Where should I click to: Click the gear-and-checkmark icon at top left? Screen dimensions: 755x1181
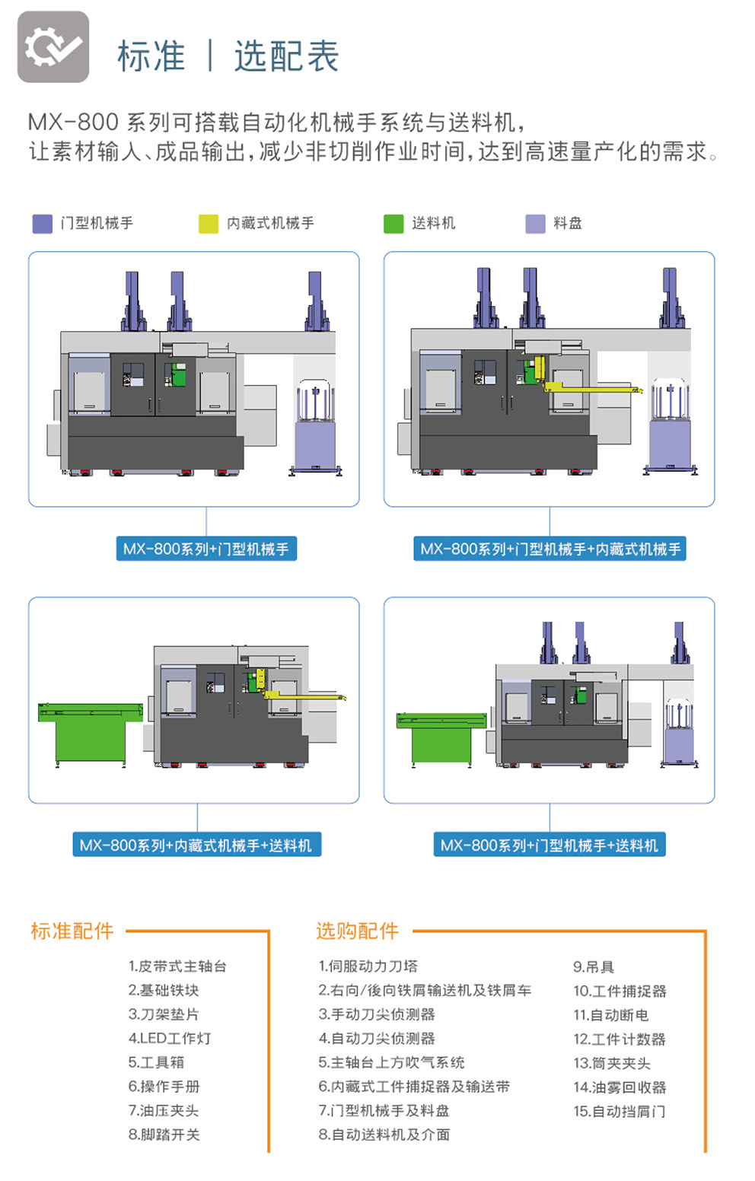pos(53,46)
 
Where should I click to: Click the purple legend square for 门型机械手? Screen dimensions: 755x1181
pos(42,224)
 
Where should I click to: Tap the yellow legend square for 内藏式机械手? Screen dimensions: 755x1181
pos(209,224)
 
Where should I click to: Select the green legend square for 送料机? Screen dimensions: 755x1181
pos(393,224)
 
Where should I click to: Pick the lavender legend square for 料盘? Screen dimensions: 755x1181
pos(535,224)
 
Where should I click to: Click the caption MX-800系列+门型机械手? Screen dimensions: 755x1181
pos(206,549)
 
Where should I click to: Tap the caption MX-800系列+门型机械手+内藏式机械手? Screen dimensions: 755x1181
pos(550,549)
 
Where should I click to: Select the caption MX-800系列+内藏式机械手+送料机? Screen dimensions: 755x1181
pos(196,845)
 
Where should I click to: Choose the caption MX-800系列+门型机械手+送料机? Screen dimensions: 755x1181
pos(550,845)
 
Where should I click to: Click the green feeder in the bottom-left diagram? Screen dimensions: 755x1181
pos(91,733)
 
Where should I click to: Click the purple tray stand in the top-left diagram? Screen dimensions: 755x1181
pos(315,426)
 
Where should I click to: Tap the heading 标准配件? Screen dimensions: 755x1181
pos(72,931)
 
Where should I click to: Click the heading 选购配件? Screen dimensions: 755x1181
pos(358,931)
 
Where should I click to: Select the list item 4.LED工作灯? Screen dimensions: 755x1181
pos(170,1038)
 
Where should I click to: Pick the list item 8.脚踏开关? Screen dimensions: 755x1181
pos(164,1135)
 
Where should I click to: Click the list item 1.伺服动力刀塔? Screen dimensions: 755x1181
pos(368,966)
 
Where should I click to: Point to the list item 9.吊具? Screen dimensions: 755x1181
pos(594,967)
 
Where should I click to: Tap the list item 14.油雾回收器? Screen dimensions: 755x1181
pos(620,1087)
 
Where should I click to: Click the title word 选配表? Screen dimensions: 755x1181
pos(286,56)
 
